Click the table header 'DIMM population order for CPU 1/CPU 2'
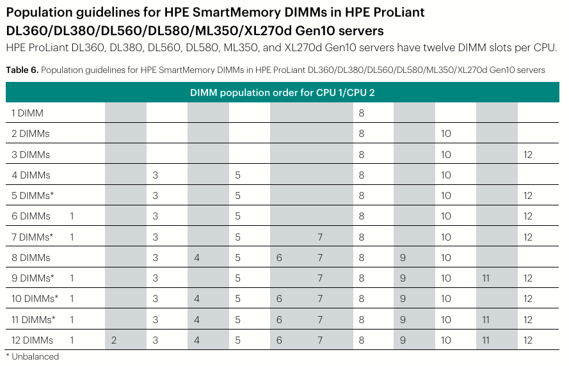[282, 93]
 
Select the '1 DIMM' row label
[28, 113]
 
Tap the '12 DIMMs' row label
[32, 340]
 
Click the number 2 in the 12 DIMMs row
[114, 340]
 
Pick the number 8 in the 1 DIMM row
[362, 113]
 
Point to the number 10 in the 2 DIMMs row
[446, 134]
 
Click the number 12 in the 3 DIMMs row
[527, 154]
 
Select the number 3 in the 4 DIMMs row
[156, 175]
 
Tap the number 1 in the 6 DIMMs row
[72, 216]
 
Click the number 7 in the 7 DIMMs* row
[320, 237]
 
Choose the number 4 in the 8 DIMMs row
[196, 258]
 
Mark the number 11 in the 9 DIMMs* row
[486, 278]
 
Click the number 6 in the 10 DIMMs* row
[279, 299]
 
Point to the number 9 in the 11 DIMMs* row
[403, 319]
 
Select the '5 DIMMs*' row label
[33, 196]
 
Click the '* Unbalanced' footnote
[33, 356]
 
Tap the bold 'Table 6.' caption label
[22, 70]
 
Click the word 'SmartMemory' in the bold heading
[237, 12]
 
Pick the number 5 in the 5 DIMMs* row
[237, 196]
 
